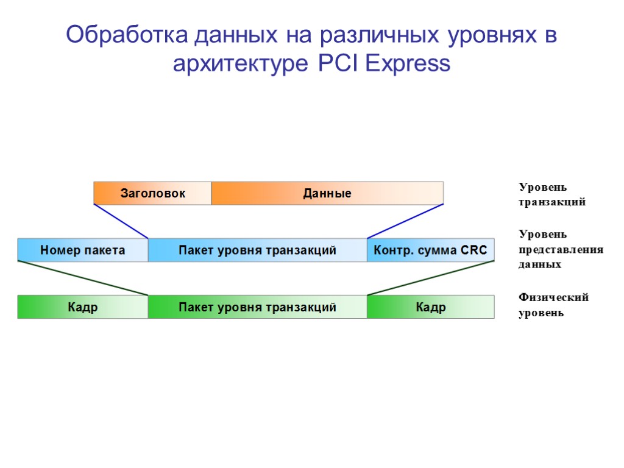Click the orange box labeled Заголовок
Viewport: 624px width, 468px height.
click(152, 193)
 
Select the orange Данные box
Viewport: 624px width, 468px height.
click(327, 193)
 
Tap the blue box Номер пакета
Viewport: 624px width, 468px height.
click(83, 250)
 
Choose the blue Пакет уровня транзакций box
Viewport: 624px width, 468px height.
click(257, 250)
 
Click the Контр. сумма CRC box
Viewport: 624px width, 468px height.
click(430, 250)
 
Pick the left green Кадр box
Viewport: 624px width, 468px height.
click(83, 307)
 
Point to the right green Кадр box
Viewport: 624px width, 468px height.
click(430, 307)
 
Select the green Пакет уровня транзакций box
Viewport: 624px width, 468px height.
click(257, 307)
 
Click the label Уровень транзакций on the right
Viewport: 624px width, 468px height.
click(551, 194)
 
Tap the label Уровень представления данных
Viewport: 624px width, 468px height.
click(560, 249)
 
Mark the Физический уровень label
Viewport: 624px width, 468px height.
click(553, 305)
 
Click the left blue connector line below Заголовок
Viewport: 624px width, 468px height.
click(121, 221)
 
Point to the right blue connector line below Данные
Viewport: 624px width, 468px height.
click(405, 221)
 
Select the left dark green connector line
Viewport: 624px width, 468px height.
click(83, 278)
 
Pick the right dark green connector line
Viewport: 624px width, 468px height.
click(430, 278)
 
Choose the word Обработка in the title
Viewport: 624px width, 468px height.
click(127, 35)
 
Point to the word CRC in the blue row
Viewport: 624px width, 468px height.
click(474, 250)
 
